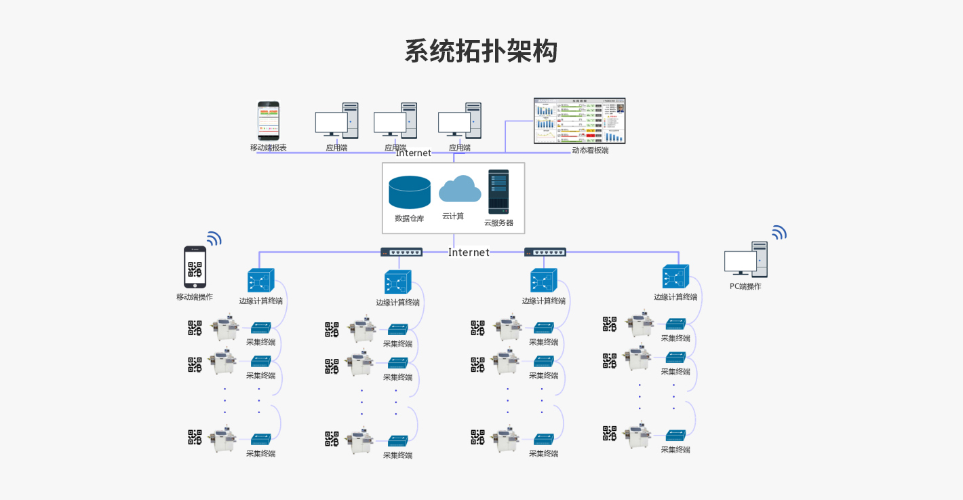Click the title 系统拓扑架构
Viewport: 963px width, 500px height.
(481, 52)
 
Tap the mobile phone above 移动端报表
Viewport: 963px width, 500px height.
(268, 121)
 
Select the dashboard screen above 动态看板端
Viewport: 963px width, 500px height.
(579, 121)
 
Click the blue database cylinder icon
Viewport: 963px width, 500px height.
(410, 192)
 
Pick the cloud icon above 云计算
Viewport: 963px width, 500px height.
(460, 189)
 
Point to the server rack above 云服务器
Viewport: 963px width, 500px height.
(498, 192)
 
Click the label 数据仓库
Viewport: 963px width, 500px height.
(410, 218)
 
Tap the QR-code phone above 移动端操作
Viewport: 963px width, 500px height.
(195, 267)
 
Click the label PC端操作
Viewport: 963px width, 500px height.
(745, 286)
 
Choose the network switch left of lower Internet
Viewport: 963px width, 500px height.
(401, 252)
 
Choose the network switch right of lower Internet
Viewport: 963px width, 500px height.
(545, 252)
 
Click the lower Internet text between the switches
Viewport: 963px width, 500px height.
(469, 252)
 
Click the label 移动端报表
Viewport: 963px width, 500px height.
(268, 148)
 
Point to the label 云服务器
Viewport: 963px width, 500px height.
(498, 223)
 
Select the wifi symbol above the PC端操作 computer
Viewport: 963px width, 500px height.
(779, 233)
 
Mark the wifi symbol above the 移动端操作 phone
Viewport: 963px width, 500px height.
(214, 238)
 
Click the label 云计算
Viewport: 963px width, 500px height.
(453, 216)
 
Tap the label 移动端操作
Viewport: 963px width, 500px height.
(195, 297)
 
